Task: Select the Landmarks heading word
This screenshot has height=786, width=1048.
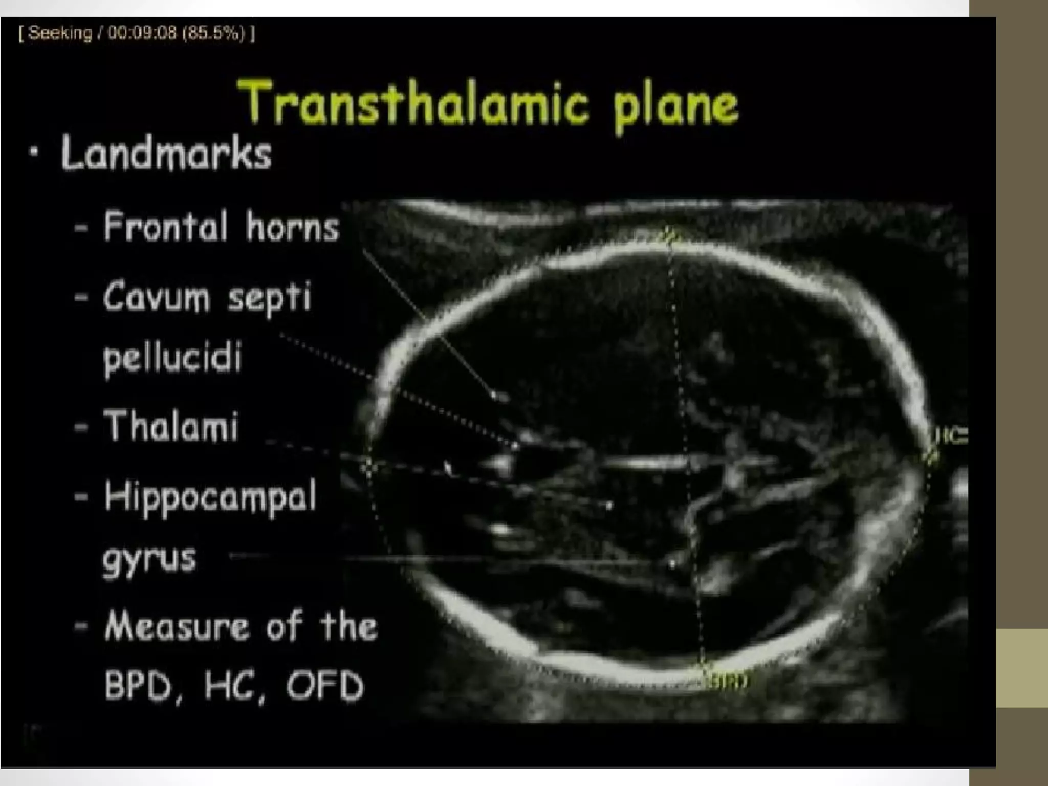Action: pyautogui.click(x=166, y=153)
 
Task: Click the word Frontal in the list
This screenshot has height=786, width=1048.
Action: pyautogui.click(x=165, y=226)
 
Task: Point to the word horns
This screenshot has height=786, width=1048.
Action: pyautogui.click(x=292, y=227)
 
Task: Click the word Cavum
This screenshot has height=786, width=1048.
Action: pyautogui.click(x=157, y=296)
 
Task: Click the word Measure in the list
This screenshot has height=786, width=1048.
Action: pyautogui.click(x=177, y=626)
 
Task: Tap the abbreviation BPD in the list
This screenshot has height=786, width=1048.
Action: pyautogui.click(x=137, y=686)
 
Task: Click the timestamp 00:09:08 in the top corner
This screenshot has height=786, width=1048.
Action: pyautogui.click(x=142, y=33)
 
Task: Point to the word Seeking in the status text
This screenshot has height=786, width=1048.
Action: pyautogui.click(x=60, y=33)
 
